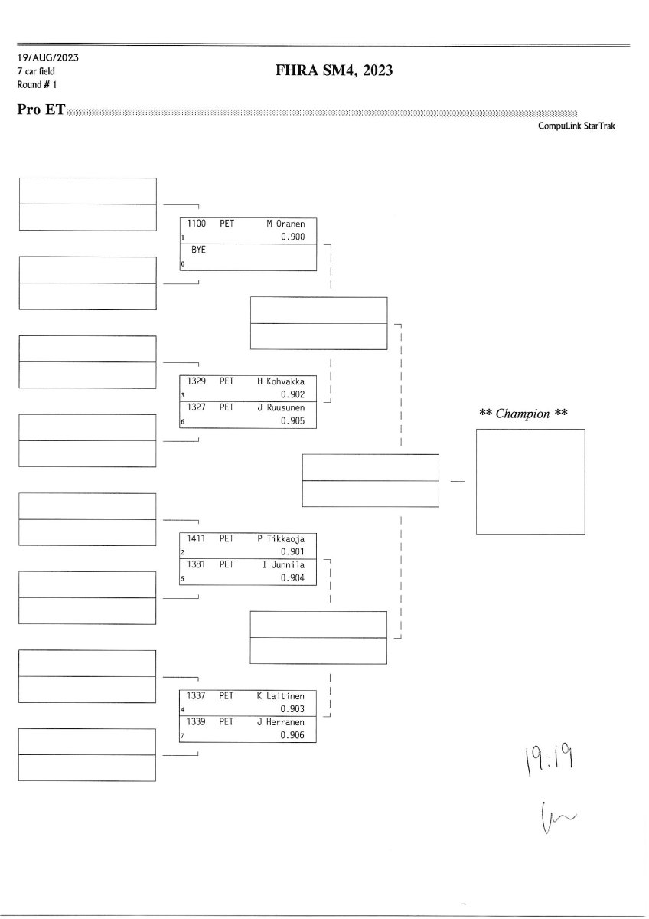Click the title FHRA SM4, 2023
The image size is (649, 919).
(334, 71)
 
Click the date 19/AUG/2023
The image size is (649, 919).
(47, 58)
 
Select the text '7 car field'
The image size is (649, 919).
(36, 71)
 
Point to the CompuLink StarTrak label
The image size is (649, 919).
(576, 126)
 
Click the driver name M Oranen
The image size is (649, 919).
(285, 224)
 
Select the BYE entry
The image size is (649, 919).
(198, 250)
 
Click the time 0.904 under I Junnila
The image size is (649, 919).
(292, 578)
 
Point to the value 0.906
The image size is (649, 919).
(292, 735)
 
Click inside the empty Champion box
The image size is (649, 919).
(530, 481)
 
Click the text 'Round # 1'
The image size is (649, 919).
(37, 84)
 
